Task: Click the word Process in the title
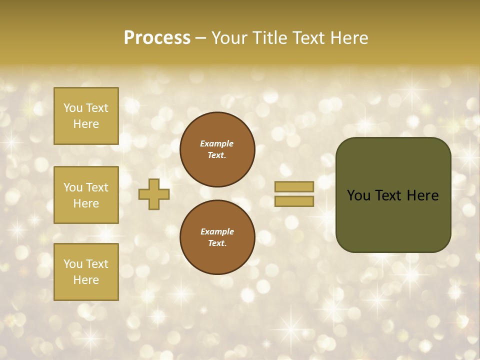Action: (x=157, y=38)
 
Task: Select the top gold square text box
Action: (x=86, y=116)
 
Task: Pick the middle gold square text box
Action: (x=86, y=195)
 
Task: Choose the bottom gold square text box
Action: (x=86, y=272)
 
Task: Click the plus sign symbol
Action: (x=154, y=194)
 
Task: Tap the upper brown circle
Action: (x=217, y=149)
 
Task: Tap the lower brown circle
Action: (x=217, y=237)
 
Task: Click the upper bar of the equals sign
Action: (x=294, y=186)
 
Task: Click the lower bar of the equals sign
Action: (x=294, y=201)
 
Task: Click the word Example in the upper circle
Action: (x=217, y=143)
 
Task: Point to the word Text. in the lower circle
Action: (x=217, y=243)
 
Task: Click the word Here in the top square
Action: (x=86, y=124)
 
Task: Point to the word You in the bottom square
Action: (x=73, y=264)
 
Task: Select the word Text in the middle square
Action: (x=97, y=187)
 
